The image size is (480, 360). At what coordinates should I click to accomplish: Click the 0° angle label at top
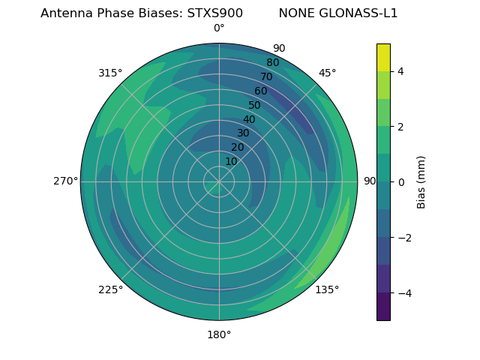(219, 28)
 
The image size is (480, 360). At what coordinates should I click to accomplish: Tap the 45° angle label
(327, 73)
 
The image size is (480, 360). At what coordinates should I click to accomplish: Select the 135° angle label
(327, 289)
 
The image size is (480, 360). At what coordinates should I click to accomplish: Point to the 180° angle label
(219, 334)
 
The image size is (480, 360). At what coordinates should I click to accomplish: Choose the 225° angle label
(110, 289)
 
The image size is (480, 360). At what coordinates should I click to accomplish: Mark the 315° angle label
(110, 73)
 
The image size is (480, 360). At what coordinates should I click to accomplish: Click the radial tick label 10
(231, 161)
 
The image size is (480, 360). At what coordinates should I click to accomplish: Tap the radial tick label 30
(243, 133)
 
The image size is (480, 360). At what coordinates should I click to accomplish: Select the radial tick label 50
(254, 105)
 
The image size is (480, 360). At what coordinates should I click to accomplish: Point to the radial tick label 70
(266, 76)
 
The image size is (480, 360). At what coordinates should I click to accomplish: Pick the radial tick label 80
(272, 62)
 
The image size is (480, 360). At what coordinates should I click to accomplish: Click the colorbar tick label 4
(400, 71)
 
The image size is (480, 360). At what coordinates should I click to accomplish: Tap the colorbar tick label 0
(400, 181)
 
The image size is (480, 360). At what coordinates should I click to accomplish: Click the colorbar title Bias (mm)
(421, 181)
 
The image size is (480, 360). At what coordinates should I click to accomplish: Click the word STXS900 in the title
(214, 13)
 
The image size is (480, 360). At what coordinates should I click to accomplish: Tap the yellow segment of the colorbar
(383, 57)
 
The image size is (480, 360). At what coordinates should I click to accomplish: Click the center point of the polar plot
(219, 181)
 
